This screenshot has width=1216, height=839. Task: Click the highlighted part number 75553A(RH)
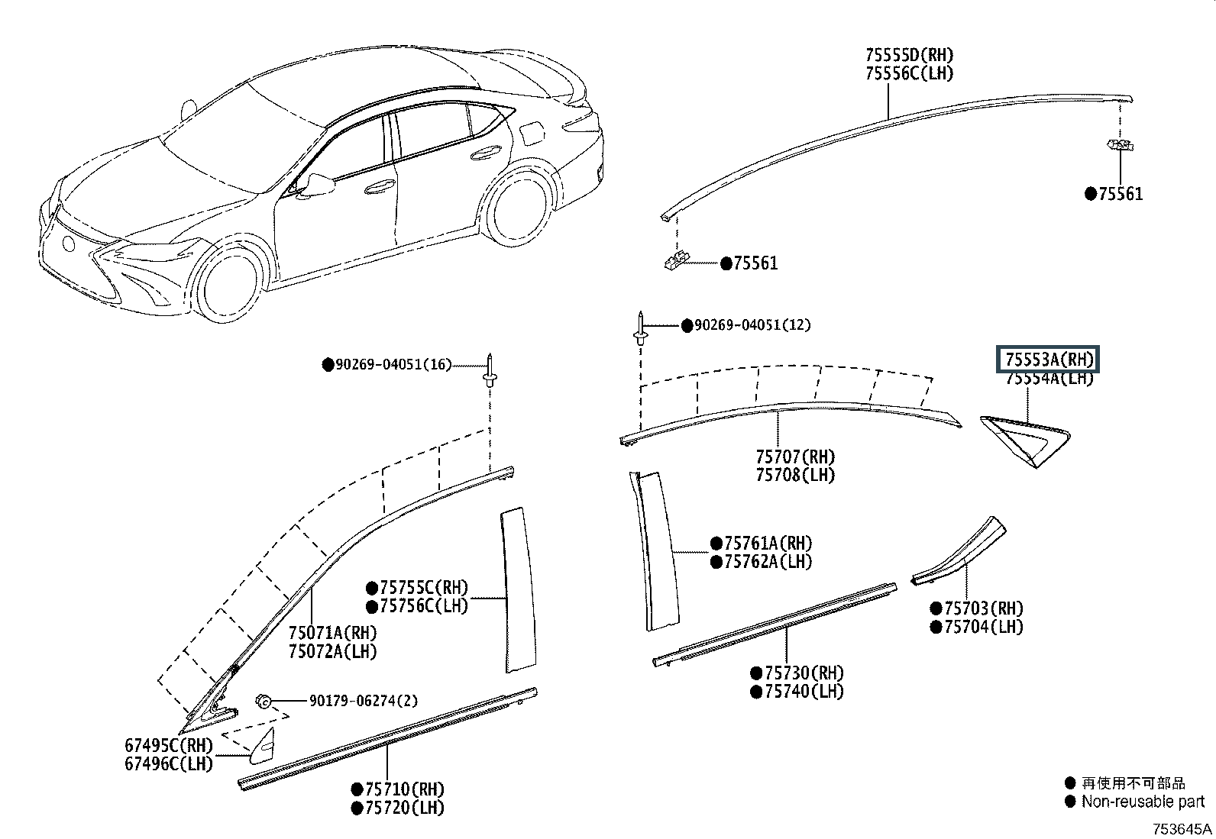pos(1049,360)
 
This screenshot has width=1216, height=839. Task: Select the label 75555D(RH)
pos(909,55)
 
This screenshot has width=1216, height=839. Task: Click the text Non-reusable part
pos(1143,802)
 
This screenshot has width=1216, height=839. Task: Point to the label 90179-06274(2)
pos(363,701)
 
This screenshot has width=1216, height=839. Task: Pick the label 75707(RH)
pos(795,457)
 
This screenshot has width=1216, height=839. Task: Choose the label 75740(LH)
pos(804,692)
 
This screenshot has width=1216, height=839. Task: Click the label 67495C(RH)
pos(169,745)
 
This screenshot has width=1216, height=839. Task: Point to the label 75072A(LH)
pos(332,651)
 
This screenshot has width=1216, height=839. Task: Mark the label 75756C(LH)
pos(423,605)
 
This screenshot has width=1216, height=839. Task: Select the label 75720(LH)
pos(404,808)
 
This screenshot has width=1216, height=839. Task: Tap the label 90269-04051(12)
pos(752,325)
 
